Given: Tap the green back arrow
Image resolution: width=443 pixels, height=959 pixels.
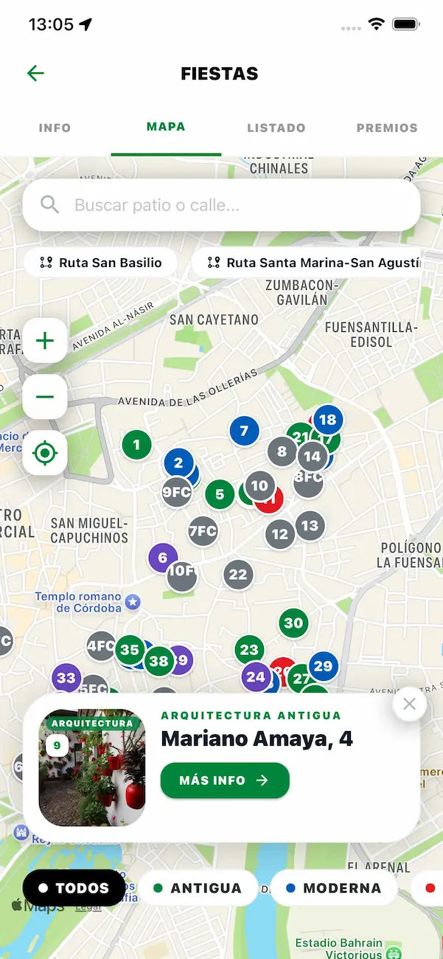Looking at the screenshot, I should [x=35, y=73].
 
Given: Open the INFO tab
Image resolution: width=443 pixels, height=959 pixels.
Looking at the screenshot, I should [x=55, y=128].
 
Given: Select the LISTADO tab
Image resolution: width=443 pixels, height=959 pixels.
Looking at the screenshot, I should [x=276, y=128].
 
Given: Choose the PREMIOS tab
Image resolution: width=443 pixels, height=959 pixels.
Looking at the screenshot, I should [x=387, y=128].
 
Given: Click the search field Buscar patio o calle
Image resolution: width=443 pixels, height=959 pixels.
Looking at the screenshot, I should [x=221, y=205].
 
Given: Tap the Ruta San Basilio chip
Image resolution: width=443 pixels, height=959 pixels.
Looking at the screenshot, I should [x=101, y=263].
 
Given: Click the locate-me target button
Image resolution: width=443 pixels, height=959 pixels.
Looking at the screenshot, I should [x=45, y=452].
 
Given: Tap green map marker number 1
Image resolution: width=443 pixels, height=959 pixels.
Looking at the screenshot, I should [x=136, y=445].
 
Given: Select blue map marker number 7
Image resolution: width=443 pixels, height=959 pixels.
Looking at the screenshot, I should [x=245, y=431].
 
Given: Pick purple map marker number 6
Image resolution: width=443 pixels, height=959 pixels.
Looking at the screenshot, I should [x=163, y=558].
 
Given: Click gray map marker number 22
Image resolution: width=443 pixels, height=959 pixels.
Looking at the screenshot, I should [x=238, y=575].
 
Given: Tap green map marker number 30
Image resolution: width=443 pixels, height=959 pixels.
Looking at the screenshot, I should [x=293, y=623].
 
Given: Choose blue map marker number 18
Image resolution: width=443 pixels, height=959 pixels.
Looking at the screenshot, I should [x=328, y=420].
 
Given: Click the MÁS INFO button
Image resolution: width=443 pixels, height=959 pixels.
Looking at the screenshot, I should [x=225, y=780].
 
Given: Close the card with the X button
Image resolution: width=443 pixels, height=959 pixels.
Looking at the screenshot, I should [x=409, y=704].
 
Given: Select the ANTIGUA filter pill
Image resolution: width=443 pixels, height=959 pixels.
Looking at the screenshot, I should [x=198, y=888].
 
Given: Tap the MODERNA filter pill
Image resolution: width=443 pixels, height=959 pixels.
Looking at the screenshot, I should [x=334, y=888].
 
